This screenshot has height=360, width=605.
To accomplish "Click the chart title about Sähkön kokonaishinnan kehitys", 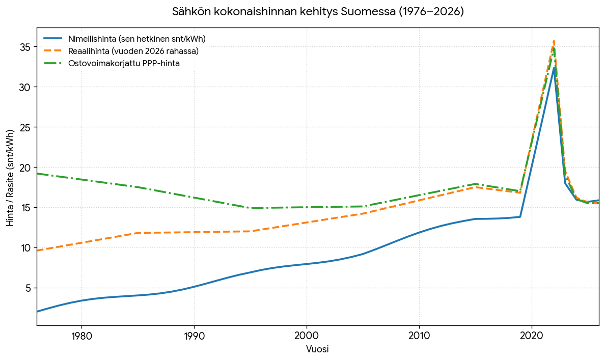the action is [318, 12].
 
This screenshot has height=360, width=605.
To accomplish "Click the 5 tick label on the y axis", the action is [28, 288].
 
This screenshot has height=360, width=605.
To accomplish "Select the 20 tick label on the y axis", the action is [24, 168].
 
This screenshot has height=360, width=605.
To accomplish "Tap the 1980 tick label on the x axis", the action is [82, 336].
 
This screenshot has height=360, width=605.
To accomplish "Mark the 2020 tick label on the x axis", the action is [532, 336].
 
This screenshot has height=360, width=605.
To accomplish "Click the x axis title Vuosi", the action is [318, 349].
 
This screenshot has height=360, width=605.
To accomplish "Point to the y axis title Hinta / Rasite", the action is [10, 178].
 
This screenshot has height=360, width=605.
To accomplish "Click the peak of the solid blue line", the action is [554, 68].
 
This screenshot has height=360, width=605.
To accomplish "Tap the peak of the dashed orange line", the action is [554, 41].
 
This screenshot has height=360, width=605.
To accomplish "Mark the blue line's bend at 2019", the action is [520, 216].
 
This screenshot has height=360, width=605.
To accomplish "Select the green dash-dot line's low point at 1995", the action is [251, 208].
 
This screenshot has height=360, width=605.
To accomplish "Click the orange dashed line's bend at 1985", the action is [138, 233].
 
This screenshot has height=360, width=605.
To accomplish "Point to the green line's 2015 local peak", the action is [475, 184].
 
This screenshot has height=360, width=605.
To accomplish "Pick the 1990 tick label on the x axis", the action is [194, 336].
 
